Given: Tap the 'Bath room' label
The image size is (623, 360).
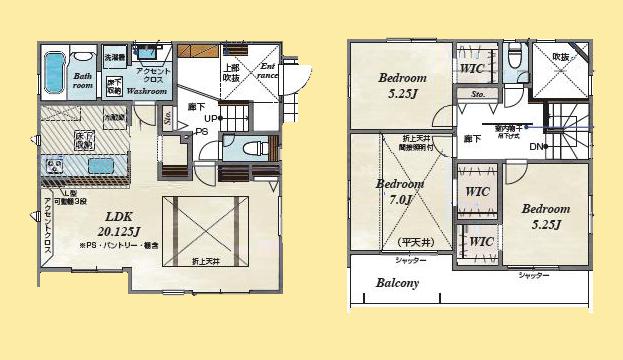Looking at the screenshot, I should (x=82, y=81).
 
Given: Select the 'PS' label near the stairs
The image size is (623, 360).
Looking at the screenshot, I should (x=200, y=131).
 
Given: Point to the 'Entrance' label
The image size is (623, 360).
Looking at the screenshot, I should (x=268, y=71).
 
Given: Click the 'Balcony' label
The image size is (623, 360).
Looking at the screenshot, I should (x=398, y=283).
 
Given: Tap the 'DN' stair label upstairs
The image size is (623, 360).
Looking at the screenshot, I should (x=537, y=147).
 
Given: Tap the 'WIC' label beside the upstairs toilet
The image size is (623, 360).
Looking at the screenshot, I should (x=474, y=67).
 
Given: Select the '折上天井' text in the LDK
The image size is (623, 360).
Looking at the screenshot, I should (x=206, y=261).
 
